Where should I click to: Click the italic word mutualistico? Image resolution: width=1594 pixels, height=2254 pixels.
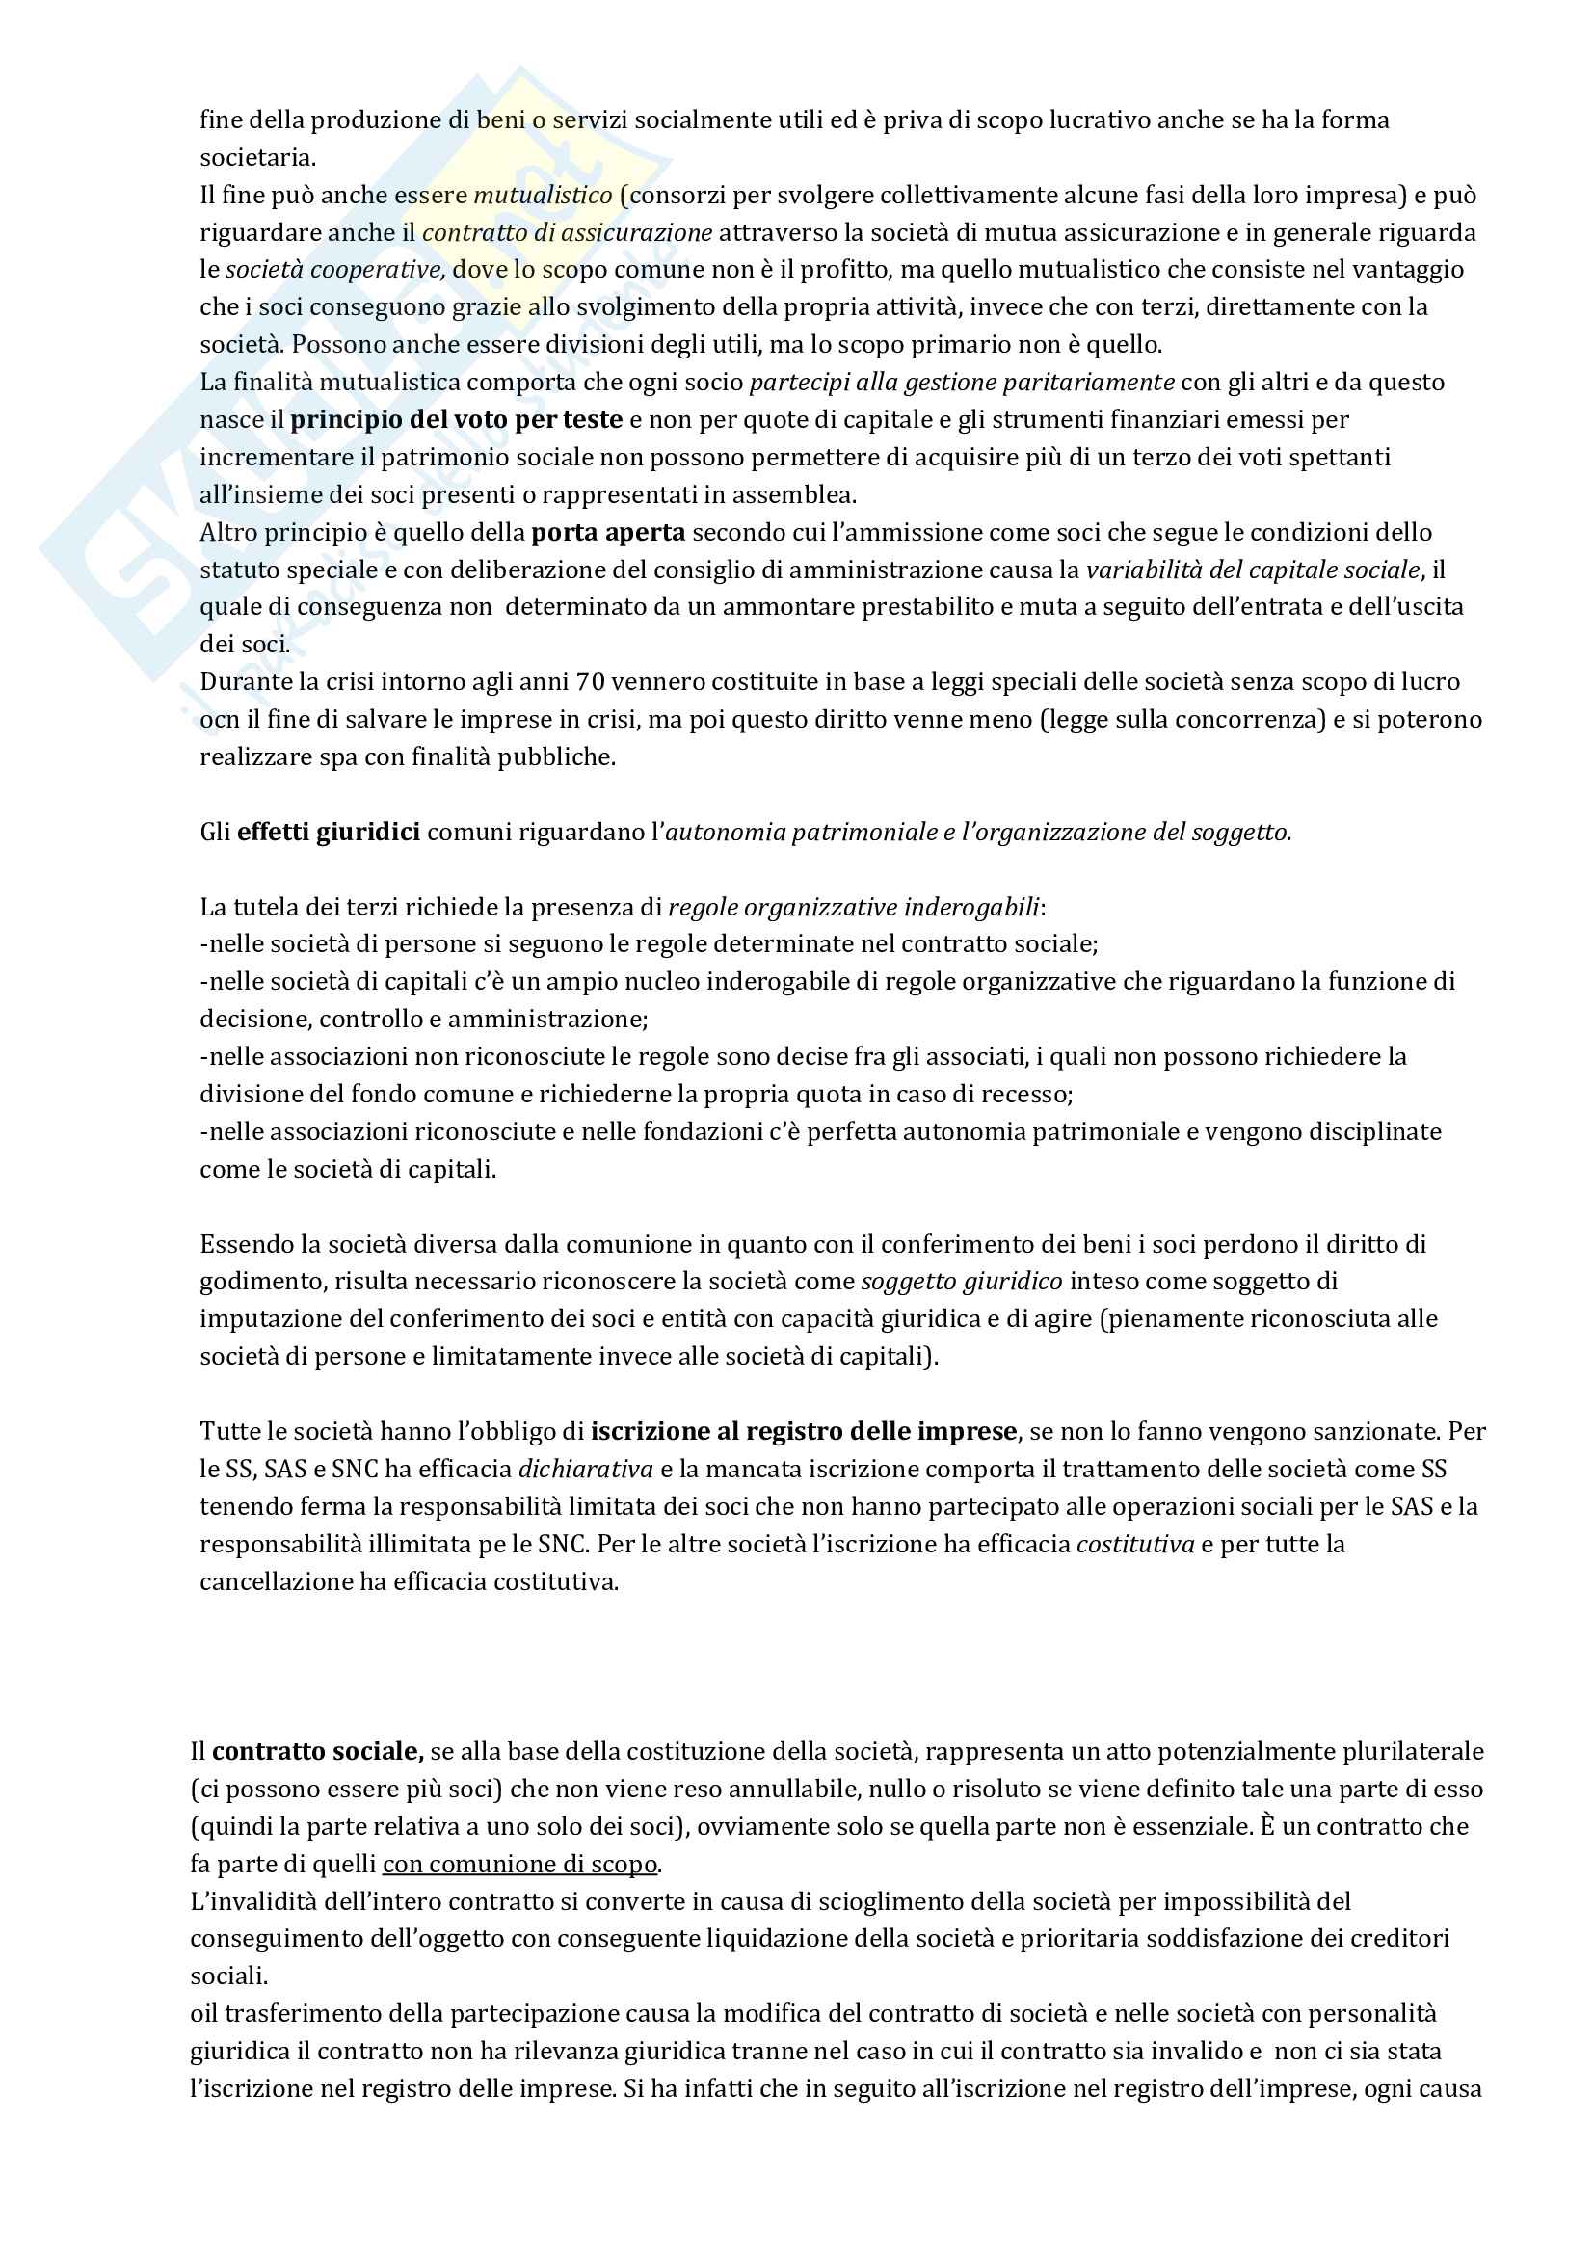[x=543, y=196]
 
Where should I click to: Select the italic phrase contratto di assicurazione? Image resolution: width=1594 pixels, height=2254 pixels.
[x=568, y=232]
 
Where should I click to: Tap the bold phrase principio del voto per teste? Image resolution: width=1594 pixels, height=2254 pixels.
[x=457, y=420]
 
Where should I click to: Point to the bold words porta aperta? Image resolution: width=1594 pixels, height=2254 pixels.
[x=607, y=533]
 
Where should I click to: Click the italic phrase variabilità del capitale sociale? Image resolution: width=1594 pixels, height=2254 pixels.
[x=1253, y=570]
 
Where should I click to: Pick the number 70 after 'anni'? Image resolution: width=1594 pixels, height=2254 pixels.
[x=591, y=682]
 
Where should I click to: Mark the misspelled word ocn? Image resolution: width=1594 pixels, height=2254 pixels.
[x=219, y=720]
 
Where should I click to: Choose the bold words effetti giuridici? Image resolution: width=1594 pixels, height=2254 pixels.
[x=329, y=833]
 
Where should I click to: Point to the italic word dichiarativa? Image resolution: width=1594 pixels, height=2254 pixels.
[x=585, y=1470]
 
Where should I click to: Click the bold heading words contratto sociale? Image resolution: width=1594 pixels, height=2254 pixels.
[x=317, y=1751]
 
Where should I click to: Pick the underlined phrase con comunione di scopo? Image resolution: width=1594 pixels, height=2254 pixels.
[x=519, y=1865]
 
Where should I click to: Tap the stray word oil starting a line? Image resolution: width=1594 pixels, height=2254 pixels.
[x=203, y=2014]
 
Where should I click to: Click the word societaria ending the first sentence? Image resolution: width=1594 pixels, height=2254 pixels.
[x=256, y=158]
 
